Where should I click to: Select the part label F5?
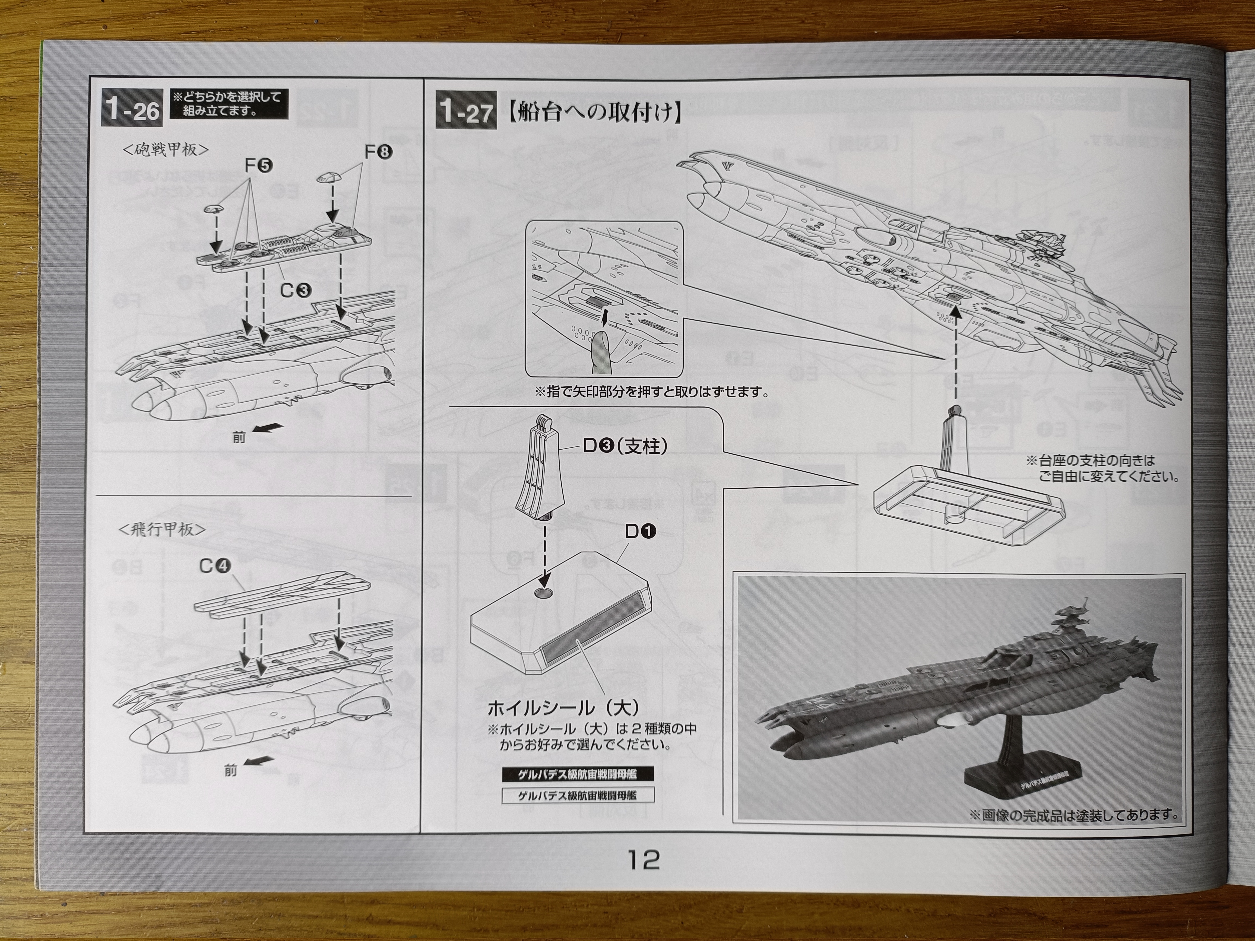[x=258, y=166]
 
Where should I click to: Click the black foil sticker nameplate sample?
[x=578, y=774]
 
